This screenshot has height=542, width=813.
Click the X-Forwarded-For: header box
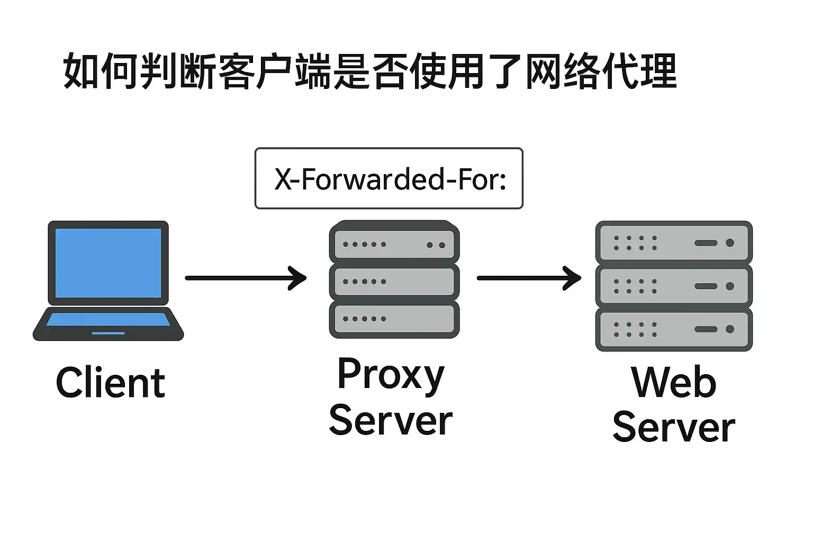pos(389,178)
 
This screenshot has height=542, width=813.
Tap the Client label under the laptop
pos(111,383)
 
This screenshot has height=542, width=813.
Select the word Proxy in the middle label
pos(391,375)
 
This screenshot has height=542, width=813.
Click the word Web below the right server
pos(674,382)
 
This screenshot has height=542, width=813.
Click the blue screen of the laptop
pos(109,263)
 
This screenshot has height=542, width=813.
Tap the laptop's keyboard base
pos(109,323)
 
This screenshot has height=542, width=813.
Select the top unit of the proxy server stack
pos(394,244)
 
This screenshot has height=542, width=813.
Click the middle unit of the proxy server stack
pos(394,282)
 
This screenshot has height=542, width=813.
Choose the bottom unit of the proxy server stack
pos(394,319)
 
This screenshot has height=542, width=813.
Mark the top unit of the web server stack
pos(674,242)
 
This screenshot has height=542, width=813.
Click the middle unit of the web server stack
pos(674,286)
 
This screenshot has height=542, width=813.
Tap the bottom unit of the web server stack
pos(674,329)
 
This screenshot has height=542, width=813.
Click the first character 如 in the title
pos(82,71)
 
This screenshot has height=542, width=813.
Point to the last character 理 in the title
pos(658,71)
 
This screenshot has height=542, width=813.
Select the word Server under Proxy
pos(391,421)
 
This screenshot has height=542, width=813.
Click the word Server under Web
pos(674,428)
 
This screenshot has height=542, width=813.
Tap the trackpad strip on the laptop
pos(109,333)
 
